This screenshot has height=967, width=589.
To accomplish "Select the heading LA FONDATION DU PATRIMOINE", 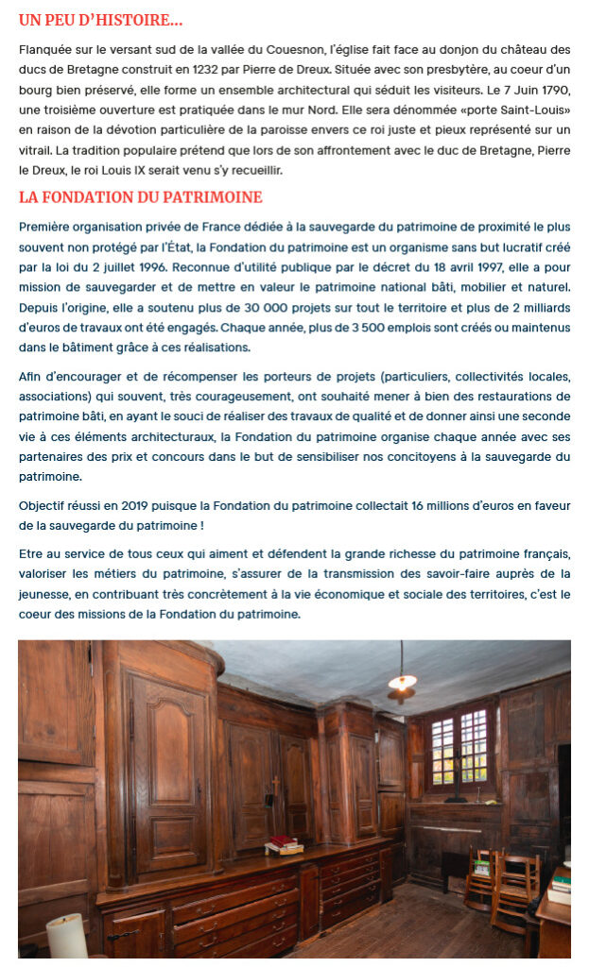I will [x=140, y=197].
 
